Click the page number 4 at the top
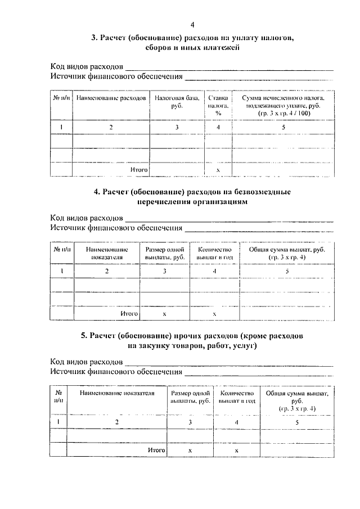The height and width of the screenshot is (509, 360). [x=192, y=25]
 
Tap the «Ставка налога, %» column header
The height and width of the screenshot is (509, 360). [x=217, y=105]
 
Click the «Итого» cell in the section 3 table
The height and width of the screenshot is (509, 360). [x=139, y=169]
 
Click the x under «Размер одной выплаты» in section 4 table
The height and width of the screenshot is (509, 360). [x=164, y=313]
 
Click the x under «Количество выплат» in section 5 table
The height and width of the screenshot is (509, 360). [x=237, y=451]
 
